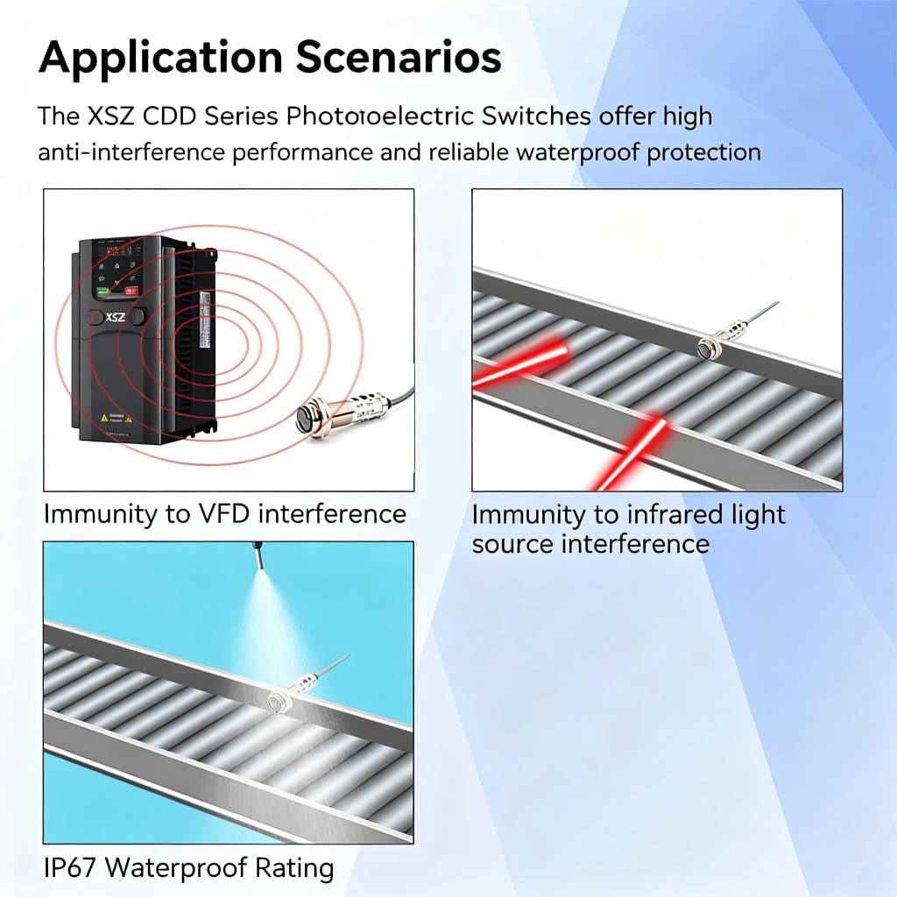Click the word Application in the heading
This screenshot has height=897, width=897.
click(x=161, y=58)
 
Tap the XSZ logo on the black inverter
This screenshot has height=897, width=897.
click(x=115, y=316)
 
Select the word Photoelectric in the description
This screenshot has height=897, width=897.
click(x=380, y=117)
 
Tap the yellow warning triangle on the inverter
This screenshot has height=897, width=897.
click(x=104, y=418)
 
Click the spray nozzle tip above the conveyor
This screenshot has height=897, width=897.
click(x=259, y=565)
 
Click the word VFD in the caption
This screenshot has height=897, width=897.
click(x=222, y=513)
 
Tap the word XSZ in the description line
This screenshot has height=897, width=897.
click(x=111, y=117)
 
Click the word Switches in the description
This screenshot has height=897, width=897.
click(x=537, y=117)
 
